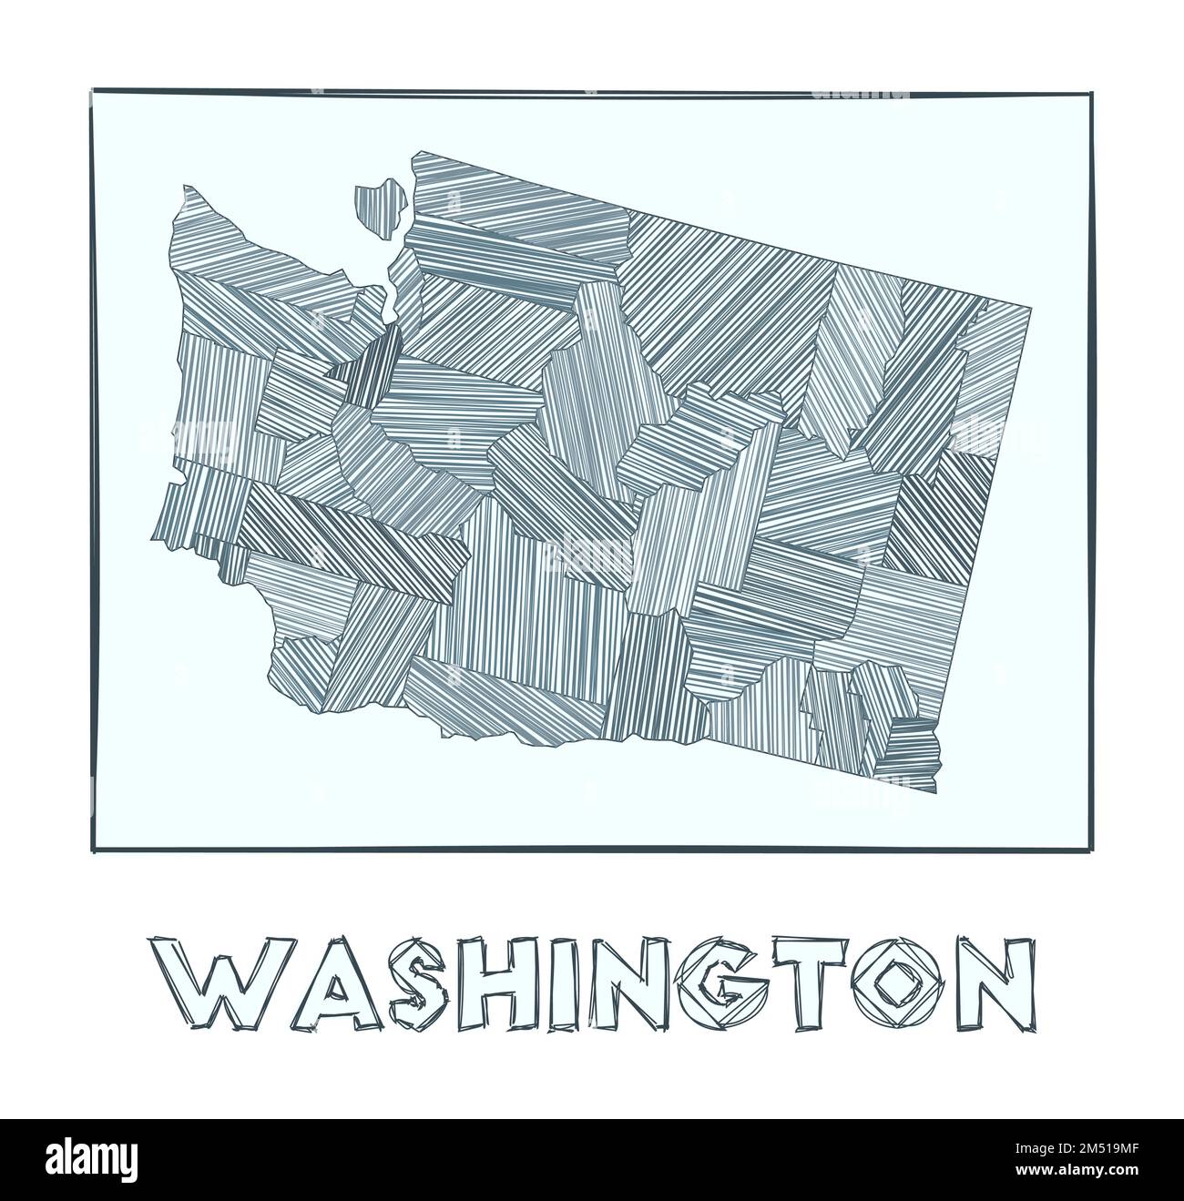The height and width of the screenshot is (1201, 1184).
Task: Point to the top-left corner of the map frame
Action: click(x=93, y=89)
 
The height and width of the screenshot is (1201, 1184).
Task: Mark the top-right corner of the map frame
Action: click(x=1089, y=93)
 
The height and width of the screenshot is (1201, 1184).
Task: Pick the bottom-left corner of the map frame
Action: click(x=94, y=851)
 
